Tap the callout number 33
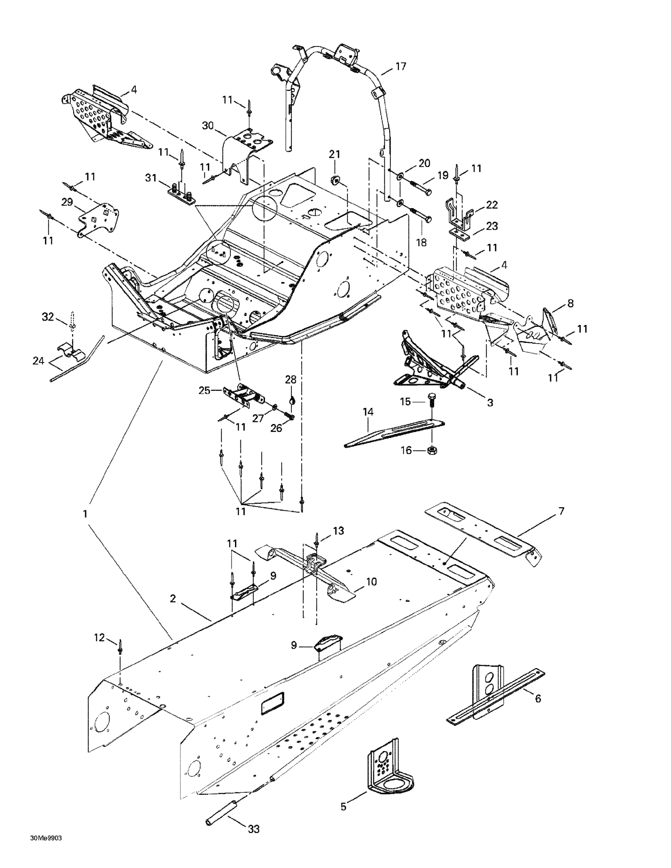254,829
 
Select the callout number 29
67,202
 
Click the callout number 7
561,512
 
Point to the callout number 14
368,412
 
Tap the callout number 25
204,391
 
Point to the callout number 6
538,699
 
